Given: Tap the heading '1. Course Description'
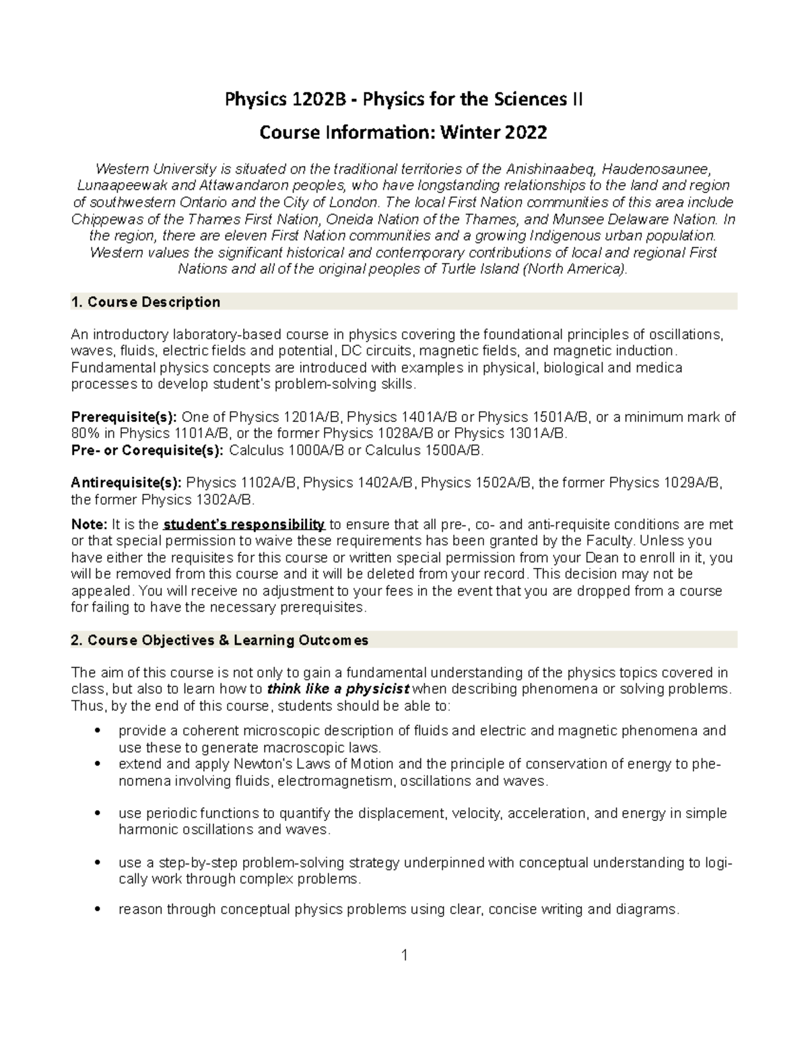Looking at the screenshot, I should point(145,302).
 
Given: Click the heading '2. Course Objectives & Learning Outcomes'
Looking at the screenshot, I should point(220,640).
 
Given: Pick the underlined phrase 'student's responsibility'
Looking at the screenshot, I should point(244,525).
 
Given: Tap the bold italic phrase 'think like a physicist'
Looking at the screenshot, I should point(338,689).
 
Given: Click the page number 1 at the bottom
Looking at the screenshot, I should point(404,956).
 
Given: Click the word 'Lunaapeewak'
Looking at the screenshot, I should point(116,185).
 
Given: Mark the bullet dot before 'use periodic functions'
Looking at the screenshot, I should point(99,814).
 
